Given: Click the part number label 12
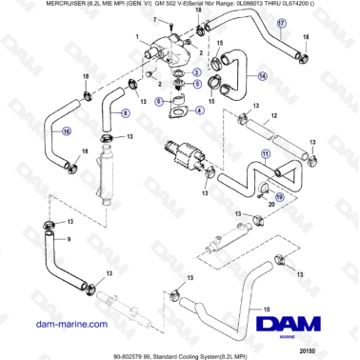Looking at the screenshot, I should (x=273, y=116).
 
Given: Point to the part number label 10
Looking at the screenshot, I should (x=267, y=309).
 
